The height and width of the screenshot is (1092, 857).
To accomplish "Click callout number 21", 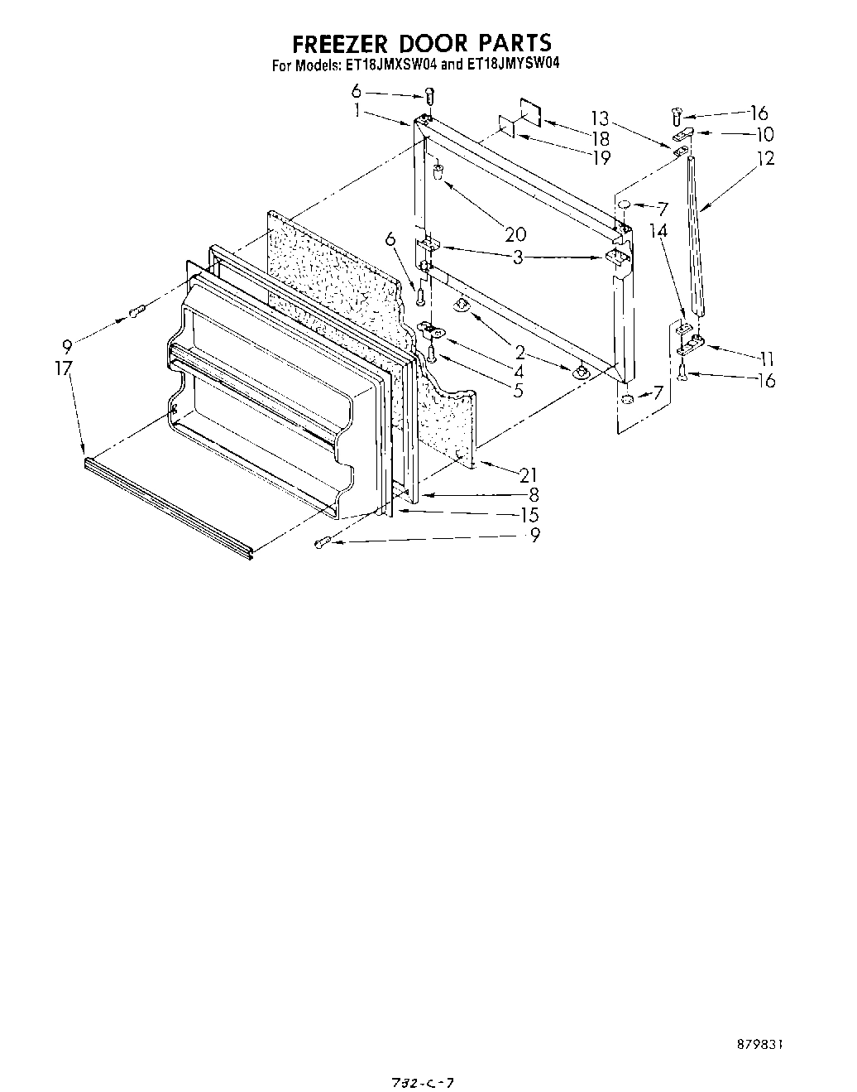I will click(528, 475).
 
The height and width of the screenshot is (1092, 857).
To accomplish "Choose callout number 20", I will click(515, 235).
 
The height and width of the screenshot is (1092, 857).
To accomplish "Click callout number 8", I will click(534, 495).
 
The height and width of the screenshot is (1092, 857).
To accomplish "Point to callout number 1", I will click(357, 110).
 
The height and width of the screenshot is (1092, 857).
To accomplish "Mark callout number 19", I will click(601, 156).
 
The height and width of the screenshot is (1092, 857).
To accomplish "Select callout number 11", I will click(766, 358).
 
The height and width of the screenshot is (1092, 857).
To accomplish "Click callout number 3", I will click(518, 257).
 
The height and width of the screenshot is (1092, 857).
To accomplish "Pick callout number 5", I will click(517, 390).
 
